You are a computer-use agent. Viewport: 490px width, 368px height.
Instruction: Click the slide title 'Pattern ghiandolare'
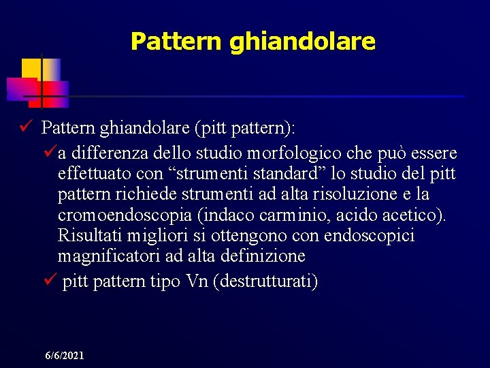click(252, 42)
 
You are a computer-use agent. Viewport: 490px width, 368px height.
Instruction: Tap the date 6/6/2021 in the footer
click(65, 356)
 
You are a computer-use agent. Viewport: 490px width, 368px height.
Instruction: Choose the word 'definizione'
click(263, 257)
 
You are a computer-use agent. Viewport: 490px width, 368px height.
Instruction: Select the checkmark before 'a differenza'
click(49, 151)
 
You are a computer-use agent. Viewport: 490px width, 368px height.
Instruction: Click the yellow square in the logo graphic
click(31, 68)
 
